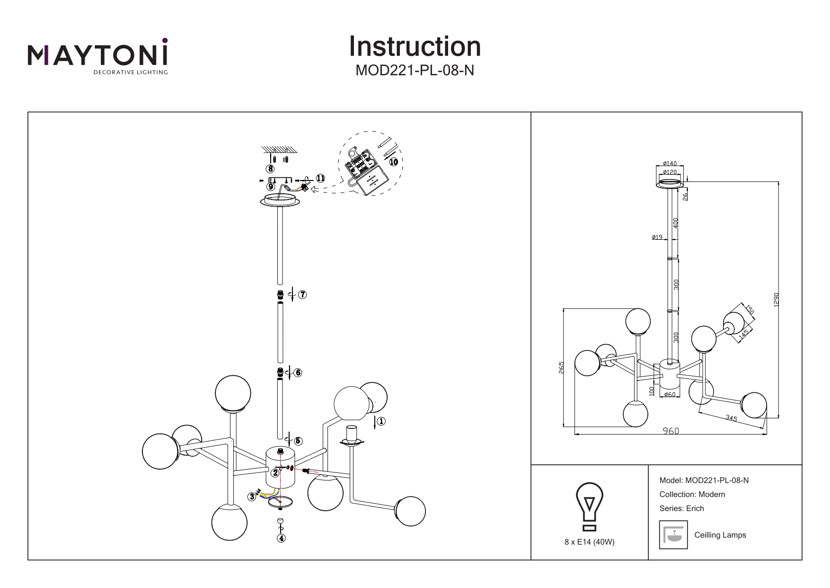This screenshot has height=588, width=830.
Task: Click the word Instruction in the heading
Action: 415,46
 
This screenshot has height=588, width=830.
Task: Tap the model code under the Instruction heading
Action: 415,71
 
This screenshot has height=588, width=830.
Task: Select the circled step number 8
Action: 270,168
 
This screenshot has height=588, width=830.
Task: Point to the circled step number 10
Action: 393,161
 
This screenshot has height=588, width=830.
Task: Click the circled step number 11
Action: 320,179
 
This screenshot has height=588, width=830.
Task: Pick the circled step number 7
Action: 302,295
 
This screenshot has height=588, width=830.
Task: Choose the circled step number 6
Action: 298,372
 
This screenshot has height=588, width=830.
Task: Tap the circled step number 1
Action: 381,421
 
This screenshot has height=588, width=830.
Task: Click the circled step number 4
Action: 282,538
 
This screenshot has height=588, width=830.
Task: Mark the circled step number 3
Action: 252,497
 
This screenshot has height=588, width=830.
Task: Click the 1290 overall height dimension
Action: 775,299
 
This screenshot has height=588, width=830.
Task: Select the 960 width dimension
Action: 670,431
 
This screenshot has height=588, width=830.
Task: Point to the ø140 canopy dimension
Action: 670,164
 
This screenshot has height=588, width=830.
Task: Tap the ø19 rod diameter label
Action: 657,237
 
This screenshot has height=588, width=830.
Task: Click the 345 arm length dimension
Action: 731,418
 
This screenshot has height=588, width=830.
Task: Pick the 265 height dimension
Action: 561,367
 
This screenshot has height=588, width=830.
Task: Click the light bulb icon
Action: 589,507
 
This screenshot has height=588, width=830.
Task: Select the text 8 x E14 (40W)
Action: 589,543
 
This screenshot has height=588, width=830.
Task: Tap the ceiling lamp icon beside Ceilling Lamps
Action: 673,535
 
